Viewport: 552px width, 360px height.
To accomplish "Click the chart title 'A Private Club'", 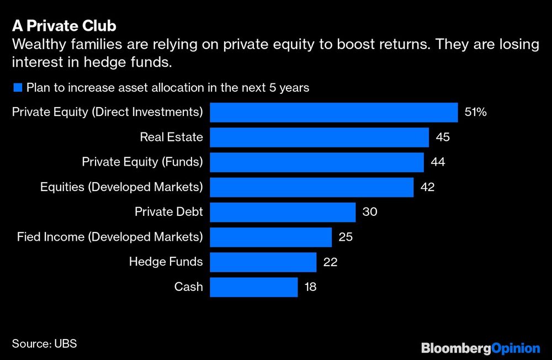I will [x=64, y=26].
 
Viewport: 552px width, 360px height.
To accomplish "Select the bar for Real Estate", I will [x=319, y=137].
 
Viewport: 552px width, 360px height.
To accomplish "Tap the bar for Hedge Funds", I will [x=263, y=262].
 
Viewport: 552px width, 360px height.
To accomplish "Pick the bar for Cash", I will [x=253, y=287].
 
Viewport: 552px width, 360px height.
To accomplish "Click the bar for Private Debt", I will [x=282, y=212].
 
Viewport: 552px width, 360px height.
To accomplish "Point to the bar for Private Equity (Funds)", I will [x=316, y=162].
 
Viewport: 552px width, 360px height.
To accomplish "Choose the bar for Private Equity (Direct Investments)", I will [x=333, y=112].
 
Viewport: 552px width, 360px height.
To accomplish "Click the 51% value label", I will [x=476, y=112].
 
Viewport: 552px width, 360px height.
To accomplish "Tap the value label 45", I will [x=443, y=137].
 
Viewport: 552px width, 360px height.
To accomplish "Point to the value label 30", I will [x=369, y=212].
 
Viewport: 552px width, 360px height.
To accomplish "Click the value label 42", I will [x=427, y=187].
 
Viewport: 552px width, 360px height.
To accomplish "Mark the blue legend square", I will [x=17, y=87].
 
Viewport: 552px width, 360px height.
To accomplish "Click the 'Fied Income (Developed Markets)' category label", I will [x=110, y=237].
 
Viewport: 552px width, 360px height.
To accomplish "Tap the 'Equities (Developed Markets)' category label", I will [x=121, y=187].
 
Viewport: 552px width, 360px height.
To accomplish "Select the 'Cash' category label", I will [x=188, y=287].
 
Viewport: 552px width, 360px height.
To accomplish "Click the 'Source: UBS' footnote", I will [x=44, y=343].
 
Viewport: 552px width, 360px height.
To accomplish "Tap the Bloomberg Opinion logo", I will [x=480, y=348].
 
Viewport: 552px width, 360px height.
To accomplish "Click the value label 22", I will [x=330, y=262].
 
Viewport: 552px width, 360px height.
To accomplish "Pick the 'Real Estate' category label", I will [x=171, y=137].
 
